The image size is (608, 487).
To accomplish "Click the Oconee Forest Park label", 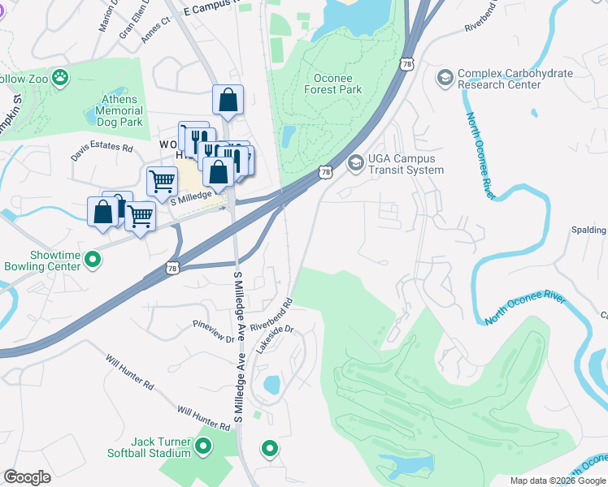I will [338, 84].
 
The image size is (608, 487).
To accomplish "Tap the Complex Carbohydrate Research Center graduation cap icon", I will [445, 78].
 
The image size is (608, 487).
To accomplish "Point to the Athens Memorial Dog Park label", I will [120, 111].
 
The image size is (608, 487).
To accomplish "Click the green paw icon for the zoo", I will [59, 77].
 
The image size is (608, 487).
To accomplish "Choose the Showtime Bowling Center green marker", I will [93, 261].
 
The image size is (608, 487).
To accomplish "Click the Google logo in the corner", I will [27, 477].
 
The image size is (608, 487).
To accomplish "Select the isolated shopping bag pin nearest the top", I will [228, 101].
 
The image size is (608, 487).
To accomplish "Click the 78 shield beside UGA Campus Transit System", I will [326, 172].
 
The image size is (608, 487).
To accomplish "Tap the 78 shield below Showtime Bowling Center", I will [172, 269].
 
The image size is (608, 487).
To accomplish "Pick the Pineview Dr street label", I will [214, 331].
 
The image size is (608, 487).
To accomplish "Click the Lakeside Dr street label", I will [274, 339].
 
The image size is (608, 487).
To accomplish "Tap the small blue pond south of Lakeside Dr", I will [271, 384].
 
